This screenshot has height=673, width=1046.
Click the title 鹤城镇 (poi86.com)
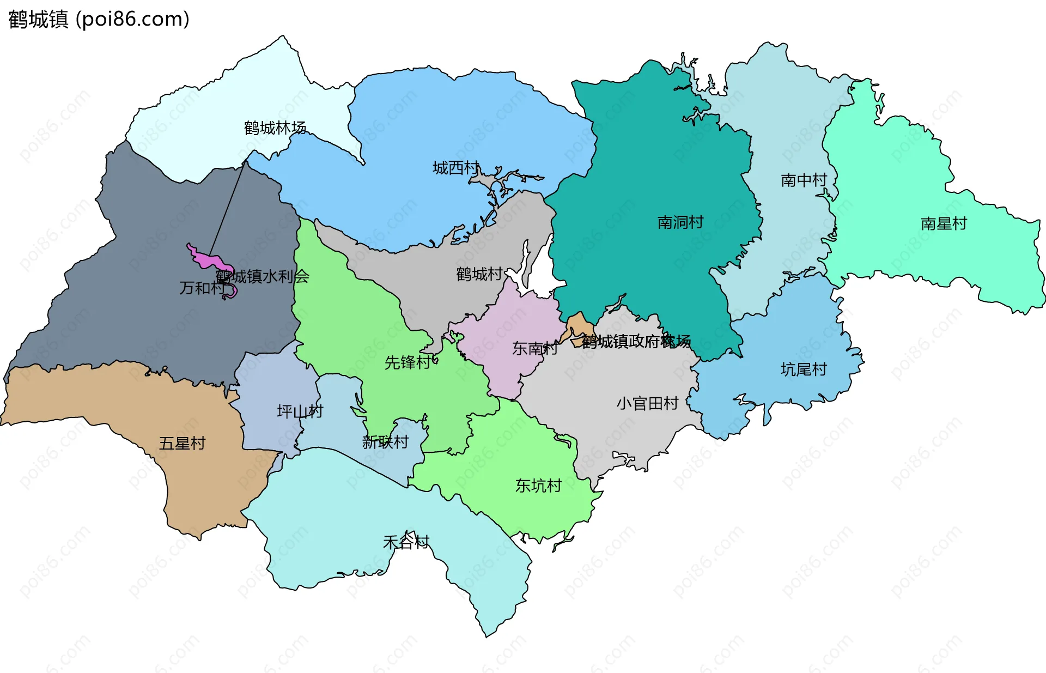99,20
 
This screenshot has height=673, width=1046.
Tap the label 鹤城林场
275,129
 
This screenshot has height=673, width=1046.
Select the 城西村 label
456,168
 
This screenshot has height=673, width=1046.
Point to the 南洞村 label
680,222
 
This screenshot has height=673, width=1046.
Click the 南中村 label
804,180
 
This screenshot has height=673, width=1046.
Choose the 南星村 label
944,224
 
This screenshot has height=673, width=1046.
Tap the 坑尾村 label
804,370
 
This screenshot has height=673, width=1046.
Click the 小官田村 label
647,404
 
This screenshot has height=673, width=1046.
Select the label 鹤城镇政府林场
636,342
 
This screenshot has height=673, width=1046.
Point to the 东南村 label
534,349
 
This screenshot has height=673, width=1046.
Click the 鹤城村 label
479,274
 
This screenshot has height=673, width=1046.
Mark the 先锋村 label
408,363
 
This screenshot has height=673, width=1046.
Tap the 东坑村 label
538,486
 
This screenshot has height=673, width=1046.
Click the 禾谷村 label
406,542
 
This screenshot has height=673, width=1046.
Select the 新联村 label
386,442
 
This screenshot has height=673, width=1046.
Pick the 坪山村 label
300,411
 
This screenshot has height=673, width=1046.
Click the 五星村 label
182,444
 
